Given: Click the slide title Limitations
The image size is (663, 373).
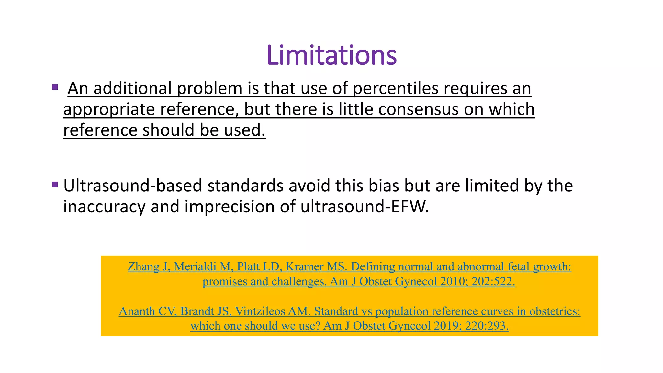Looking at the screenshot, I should point(331,55).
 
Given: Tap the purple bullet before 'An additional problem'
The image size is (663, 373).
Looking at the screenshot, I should point(55,87).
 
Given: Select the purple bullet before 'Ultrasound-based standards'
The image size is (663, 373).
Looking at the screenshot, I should point(55,185).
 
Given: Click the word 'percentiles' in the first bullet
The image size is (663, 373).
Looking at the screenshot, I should point(395,88).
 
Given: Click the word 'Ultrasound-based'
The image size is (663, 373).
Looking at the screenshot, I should point(133,186).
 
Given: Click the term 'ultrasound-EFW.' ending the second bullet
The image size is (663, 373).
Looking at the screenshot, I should point(365,207).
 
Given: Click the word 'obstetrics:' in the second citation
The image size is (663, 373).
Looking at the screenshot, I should point(555,311).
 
